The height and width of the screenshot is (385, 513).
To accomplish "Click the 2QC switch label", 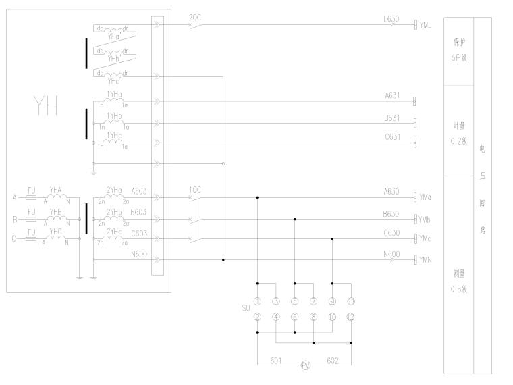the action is [194, 17].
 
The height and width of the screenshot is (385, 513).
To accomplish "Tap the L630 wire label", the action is [391, 19].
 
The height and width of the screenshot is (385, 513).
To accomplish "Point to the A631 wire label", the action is [392, 96].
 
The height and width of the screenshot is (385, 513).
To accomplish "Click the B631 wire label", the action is [392, 118].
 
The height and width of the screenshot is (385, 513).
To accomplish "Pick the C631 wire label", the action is [392, 138].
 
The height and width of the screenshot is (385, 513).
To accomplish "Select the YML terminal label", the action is [425, 25].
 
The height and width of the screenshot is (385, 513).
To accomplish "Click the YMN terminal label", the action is [425, 260].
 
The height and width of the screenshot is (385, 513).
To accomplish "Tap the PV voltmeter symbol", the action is [305, 365].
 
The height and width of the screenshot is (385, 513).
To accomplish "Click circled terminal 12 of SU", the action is [351, 316].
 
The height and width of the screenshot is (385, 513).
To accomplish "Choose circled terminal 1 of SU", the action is [257, 301].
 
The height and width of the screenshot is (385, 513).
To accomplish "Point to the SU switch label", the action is [246, 308].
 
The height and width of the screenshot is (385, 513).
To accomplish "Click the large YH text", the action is [46, 107].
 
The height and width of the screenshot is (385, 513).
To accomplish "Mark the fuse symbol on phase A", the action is [30, 198].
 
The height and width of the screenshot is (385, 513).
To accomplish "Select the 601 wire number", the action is [275, 360].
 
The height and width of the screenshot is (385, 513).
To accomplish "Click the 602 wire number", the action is [333, 360].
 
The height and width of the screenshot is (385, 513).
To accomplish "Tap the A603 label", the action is [139, 191].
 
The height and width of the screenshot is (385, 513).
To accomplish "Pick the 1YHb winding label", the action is [114, 115].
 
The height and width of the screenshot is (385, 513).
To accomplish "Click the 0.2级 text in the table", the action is [459, 141].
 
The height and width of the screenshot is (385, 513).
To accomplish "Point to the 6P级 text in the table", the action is [459, 57].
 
